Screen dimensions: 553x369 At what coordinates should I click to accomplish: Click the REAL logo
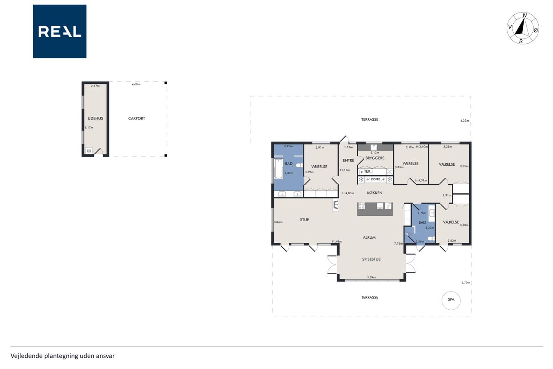click(x=60, y=32)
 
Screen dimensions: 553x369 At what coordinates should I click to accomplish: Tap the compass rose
click(x=523, y=28)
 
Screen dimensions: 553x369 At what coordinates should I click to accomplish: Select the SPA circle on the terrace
click(x=451, y=301)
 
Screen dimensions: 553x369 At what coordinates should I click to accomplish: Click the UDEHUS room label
click(x=95, y=119)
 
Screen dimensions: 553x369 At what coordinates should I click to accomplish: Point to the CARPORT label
click(x=137, y=119)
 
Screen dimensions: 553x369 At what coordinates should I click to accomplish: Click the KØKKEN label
click(x=375, y=193)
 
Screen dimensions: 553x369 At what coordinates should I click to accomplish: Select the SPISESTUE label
click(x=371, y=259)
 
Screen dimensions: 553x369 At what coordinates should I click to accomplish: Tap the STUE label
click(x=305, y=219)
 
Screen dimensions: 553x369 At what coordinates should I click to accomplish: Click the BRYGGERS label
click(x=375, y=158)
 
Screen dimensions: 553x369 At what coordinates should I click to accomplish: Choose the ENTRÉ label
click(x=348, y=160)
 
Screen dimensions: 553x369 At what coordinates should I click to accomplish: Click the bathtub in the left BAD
click(x=278, y=169)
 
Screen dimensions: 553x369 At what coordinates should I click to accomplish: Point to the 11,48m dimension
click(x=337, y=241)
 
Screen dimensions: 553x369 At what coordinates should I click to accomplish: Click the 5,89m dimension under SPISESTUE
click(x=371, y=277)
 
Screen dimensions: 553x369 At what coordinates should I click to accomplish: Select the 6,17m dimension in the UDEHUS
click(x=89, y=128)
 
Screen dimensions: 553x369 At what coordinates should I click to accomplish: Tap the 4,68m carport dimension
click(x=136, y=84)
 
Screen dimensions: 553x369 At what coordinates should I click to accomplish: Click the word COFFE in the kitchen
click(x=375, y=179)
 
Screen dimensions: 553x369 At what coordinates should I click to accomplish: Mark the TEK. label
click(x=368, y=171)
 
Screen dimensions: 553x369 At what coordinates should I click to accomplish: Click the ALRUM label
click(x=369, y=237)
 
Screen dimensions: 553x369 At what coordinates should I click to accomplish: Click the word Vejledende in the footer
click(x=26, y=356)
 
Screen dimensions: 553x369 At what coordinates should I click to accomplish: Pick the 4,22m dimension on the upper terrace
click(x=464, y=121)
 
